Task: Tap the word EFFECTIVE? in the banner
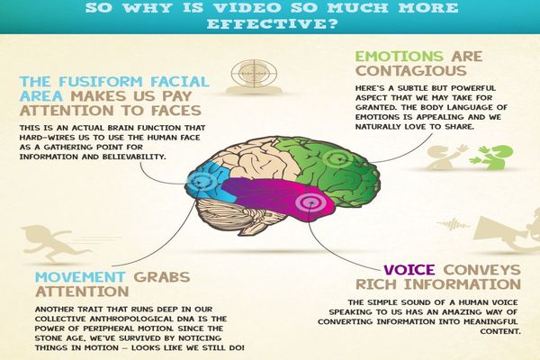(272, 24)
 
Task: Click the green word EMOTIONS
(399, 57)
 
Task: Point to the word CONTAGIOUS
(411, 71)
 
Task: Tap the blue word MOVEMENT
(80, 277)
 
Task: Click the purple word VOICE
(409, 270)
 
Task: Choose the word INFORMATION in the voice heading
(463, 284)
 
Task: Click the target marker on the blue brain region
(200, 182)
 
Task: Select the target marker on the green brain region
(337, 159)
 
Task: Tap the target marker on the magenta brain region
(310, 202)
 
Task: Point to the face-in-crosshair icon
(255, 76)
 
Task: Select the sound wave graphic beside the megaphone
(454, 225)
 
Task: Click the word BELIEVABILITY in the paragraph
(133, 157)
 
